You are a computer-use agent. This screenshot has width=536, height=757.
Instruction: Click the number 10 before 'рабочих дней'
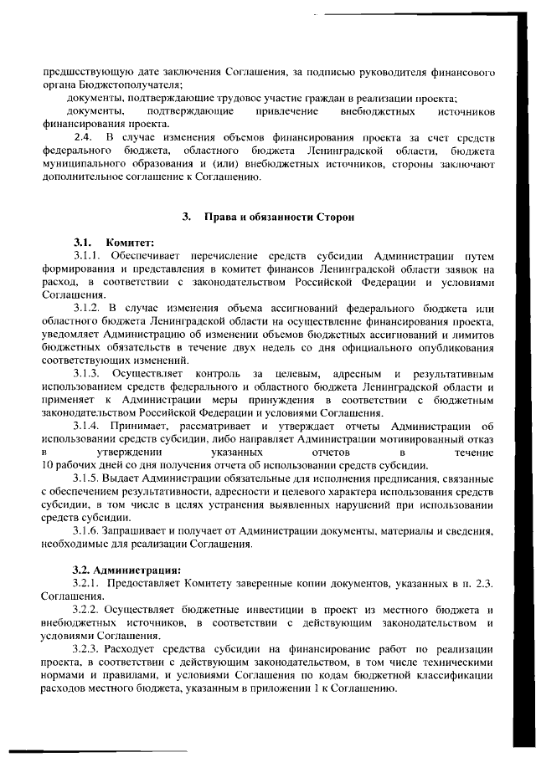point(48,466)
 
